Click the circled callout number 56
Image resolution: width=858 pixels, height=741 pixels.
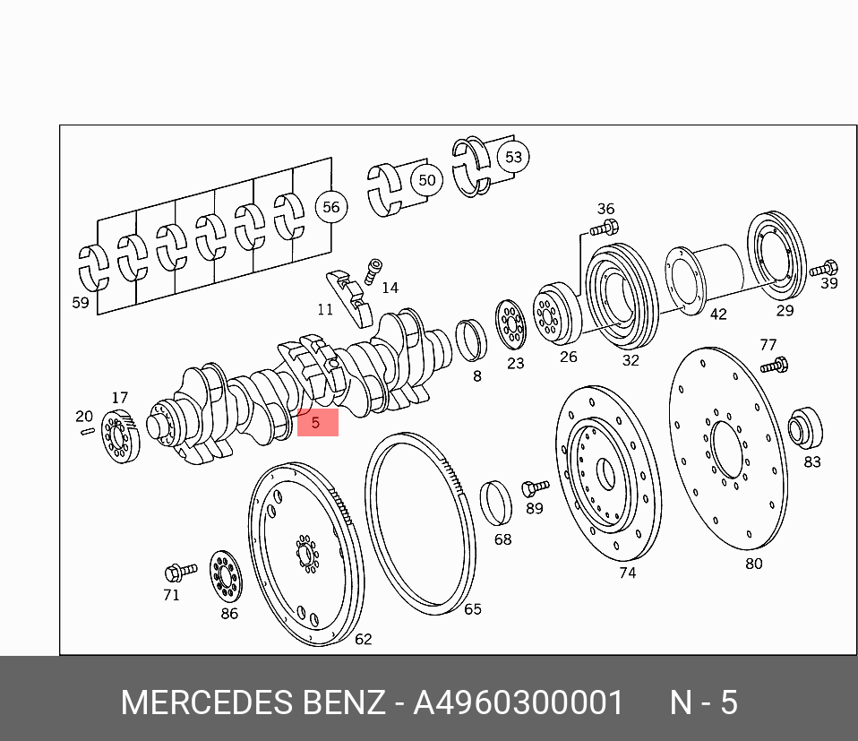(x=331, y=207)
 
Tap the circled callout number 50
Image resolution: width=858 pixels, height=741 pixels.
(x=427, y=180)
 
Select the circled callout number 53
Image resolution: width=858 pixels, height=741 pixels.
(x=513, y=157)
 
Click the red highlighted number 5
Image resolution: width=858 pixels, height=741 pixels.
(x=317, y=423)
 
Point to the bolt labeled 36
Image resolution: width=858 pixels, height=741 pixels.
(x=605, y=227)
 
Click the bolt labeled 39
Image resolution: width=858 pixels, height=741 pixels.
(x=824, y=269)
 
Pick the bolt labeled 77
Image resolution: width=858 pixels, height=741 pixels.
(x=775, y=365)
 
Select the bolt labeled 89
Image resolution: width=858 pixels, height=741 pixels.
(x=536, y=487)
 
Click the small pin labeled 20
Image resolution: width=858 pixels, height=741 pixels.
(x=88, y=431)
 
